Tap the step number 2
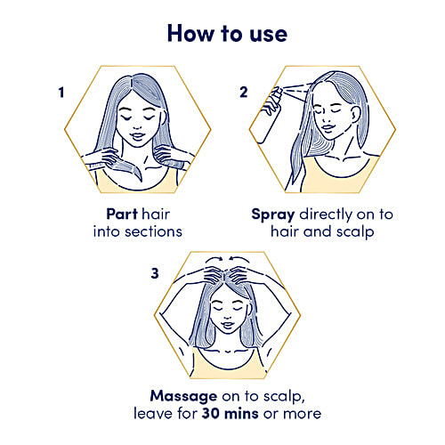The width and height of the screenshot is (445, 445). point(245,92)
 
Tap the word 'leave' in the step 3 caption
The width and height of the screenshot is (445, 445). point(152,413)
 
